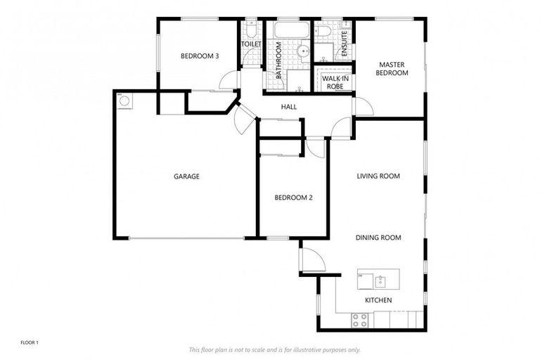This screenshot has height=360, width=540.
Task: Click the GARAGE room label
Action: tap(187, 176)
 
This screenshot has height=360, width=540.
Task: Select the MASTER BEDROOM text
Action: tap(392, 68)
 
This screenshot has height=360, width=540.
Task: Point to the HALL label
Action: tap(288, 107)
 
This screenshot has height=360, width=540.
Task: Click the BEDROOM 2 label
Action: tap(293, 198)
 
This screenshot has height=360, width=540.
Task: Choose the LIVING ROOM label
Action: tap(378, 176)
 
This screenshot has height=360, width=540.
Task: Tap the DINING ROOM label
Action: tap(378, 238)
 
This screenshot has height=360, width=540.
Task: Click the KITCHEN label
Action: tap(378, 300)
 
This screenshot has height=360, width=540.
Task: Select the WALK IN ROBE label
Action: tap(336, 82)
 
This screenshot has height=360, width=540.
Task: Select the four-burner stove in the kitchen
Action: tap(360, 320)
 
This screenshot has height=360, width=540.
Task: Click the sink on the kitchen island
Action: tap(380, 281)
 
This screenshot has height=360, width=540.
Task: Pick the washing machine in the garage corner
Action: tap(124, 101)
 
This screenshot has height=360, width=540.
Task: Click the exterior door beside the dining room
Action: tap(311, 259)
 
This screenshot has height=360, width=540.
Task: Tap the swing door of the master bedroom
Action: tap(364, 107)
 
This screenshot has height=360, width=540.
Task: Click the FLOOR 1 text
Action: tap(30, 342)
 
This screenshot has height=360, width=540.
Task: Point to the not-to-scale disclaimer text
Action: tap(274, 349)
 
